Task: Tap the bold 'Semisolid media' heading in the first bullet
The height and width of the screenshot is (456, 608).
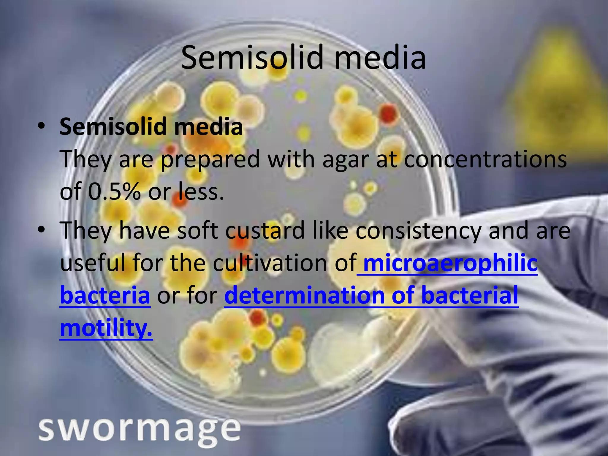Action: coord(151,126)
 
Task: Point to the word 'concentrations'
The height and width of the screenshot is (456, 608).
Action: coord(485,159)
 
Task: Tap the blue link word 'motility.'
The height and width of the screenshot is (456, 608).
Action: coord(106,328)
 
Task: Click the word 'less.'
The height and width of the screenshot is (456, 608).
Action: coord(200,191)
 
